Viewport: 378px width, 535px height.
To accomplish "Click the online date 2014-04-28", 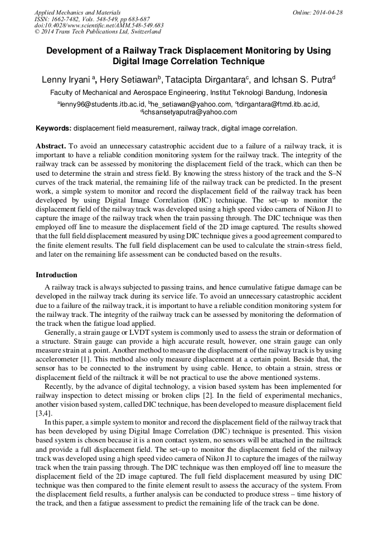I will click(326, 12).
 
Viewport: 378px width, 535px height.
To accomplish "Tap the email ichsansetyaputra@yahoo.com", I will click(190, 112).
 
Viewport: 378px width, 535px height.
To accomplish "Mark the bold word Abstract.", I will click(51, 146).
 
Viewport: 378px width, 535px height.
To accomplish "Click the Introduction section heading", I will click(56, 275).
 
